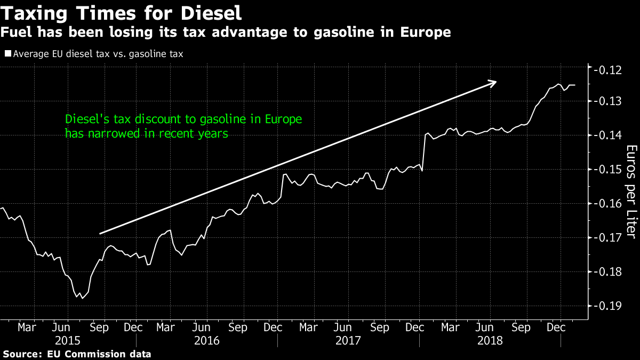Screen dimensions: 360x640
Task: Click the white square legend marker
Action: pyautogui.click(x=7, y=53)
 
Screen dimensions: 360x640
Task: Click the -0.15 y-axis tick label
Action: pyautogui.click(x=609, y=170)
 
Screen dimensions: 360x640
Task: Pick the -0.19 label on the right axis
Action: pyautogui.click(x=609, y=306)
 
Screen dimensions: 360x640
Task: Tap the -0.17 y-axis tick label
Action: pyautogui.click(x=609, y=238)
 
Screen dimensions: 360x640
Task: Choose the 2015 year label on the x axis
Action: pyautogui.click(x=68, y=340)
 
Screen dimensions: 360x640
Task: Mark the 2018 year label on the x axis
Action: pyautogui.click(x=490, y=340)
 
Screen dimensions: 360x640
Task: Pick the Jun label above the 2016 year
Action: pyautogui.click(x=201, y=326)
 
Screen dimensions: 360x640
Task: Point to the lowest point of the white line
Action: pyautogui.click(x=82, y=298)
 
